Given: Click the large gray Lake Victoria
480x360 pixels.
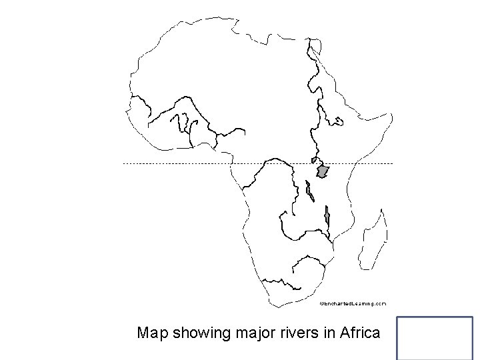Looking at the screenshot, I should pyautogui.click(x=323, y=171).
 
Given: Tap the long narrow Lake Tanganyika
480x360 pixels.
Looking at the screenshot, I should pyautogui.click(x=309, y=192).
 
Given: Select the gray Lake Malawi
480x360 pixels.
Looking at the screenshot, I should pyautogui.click(x=327, y=216).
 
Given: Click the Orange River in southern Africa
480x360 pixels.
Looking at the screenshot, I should pyautogui.click(x=287, y=281).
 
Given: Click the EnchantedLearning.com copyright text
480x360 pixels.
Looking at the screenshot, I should pyautogui.click(x=353, y=303).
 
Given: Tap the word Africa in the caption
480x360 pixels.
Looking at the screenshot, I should pyautogui.click(x=359, y=332).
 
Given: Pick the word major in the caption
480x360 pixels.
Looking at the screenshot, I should pyautogui.click(x=261, y=332).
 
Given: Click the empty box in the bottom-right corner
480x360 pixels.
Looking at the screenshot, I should pyautogui.click(x=435, y=338).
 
